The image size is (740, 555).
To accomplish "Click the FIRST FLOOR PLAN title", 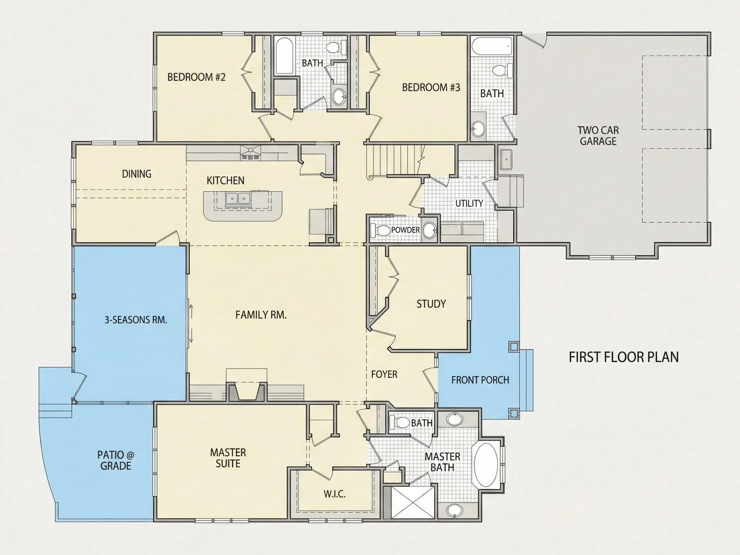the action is (624, 357).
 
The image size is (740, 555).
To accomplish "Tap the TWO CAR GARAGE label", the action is (598, 136).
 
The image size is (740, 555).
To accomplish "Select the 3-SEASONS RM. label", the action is (136, 320).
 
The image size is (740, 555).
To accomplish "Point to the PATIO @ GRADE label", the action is (116, 460).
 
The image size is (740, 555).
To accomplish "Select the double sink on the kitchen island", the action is (238, 199).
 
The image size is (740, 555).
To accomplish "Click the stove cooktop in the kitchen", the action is (250, 153).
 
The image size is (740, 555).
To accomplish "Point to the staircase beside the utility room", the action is (393, 160).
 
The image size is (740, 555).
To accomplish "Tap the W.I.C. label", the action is (335, 494).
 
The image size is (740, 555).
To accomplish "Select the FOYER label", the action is (384, 374).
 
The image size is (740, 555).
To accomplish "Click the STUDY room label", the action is (431, 304).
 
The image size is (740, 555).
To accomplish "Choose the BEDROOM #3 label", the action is (431, 87).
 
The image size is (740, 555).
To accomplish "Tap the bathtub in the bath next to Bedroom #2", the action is (284, 56).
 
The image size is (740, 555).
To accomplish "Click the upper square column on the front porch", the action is (514, 347).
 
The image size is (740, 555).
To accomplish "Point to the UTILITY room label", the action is (469, 203).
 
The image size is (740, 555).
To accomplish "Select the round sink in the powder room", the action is (429, 230).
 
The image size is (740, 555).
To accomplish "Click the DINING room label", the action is (137, 174).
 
